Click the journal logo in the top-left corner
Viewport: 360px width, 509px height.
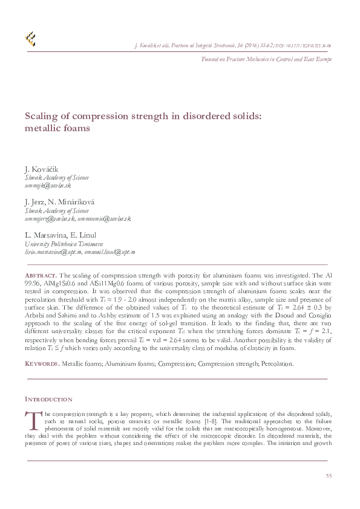30,40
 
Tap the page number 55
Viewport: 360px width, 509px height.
329,476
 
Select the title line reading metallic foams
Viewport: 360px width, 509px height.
57,128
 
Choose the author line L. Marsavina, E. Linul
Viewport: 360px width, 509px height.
60,235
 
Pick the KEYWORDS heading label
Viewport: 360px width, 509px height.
42,364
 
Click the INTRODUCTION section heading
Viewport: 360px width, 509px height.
48,399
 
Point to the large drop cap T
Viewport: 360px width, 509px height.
30,419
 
